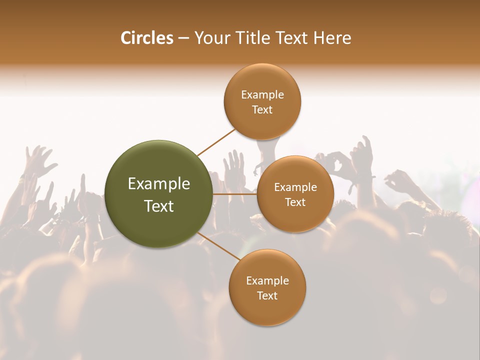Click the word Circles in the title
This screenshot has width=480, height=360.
click(x=146, y=38)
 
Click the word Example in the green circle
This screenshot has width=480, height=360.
click(x=159, y=184)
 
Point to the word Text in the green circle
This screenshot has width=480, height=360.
click(x=159, y=206)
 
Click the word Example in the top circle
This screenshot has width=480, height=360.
click(x=262, y=95)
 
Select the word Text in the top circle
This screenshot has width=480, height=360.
click(x=262, y=110)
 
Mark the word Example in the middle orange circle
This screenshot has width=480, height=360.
click(x=295, y=187)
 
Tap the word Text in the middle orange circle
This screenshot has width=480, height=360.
click(x=295, y=202)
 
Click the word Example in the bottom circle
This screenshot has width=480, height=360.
click(x=267, y=280)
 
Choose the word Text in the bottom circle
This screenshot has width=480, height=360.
click(x=267, y=295)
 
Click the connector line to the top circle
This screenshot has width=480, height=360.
click(x=216, y=142)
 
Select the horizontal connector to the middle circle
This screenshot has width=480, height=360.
click(x=235, y=194)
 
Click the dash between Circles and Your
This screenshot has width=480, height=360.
click(x=183, y=38)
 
